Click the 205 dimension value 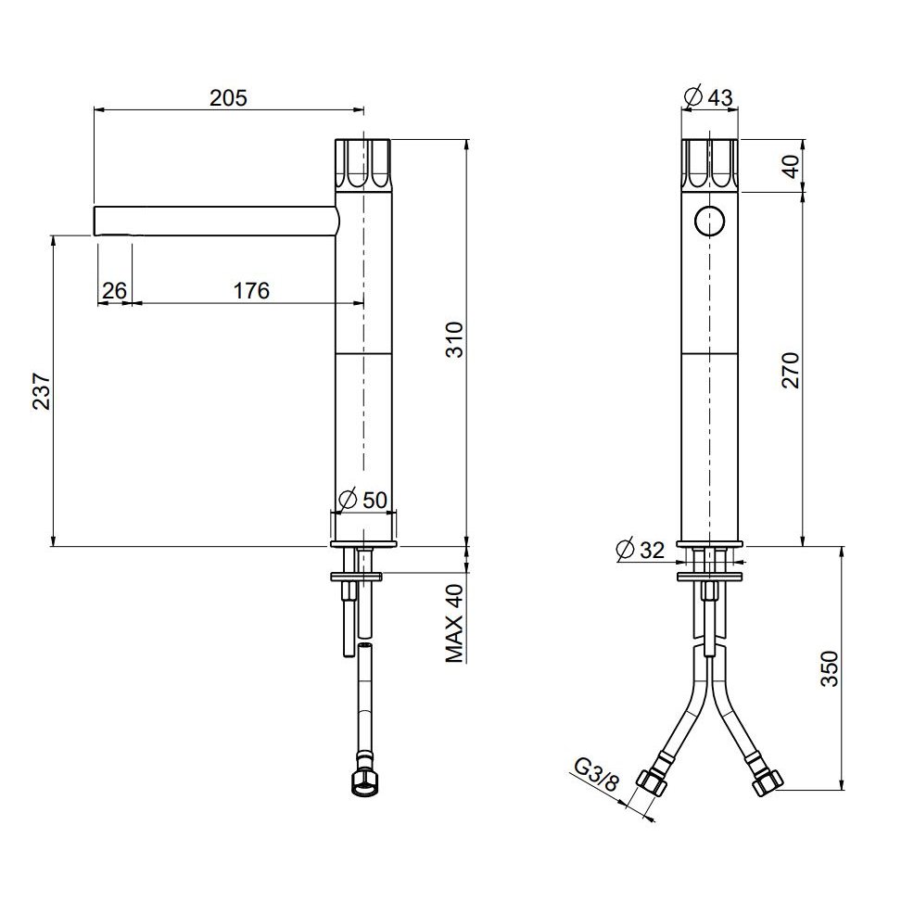tap(228, 97)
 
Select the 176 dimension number tap(251, 290)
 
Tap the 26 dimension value tap(114, 290)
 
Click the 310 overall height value tap(453, 339)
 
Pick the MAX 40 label tap(454, 623)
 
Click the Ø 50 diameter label tap(363, 501)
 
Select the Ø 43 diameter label tap(709, 96)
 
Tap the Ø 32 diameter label tap(640, 549)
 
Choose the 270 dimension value tap(791, 370)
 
